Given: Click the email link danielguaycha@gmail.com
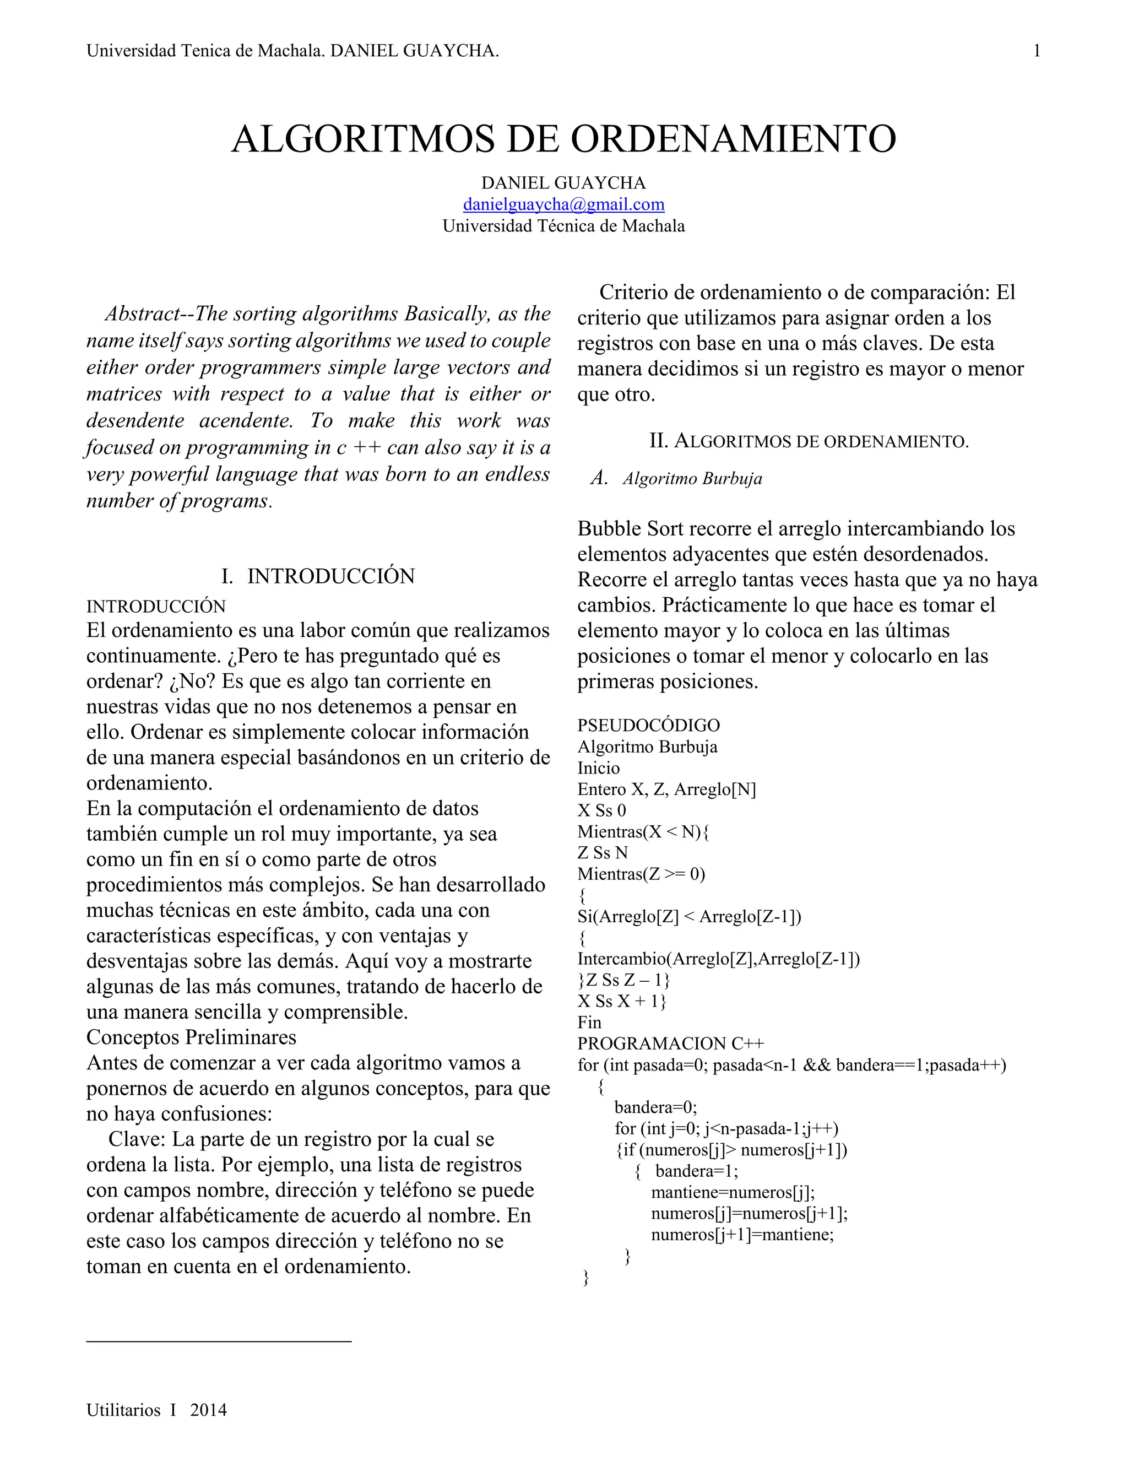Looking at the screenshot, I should (563, 204).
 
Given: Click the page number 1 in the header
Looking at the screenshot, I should (1037, 51).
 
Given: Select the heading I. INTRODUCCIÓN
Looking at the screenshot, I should (318, 576).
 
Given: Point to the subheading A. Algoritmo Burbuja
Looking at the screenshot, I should (676, 479).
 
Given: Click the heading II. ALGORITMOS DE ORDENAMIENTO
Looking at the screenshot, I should (809, 441).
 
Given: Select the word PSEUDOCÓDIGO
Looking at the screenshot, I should (648, 726).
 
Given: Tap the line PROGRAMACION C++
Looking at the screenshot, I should (670, 1043).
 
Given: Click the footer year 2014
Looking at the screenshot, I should (209, 1410).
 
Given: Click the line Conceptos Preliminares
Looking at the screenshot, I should (191, 1037).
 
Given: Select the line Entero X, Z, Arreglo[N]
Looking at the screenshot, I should (666, 790).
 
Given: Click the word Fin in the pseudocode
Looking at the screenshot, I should (589, 1022).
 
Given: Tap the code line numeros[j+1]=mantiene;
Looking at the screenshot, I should (742, 1234).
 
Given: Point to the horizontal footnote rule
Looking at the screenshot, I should (219, 1340).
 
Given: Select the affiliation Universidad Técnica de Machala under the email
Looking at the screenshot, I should (563, 226).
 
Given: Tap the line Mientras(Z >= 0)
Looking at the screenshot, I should (641, 874).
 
